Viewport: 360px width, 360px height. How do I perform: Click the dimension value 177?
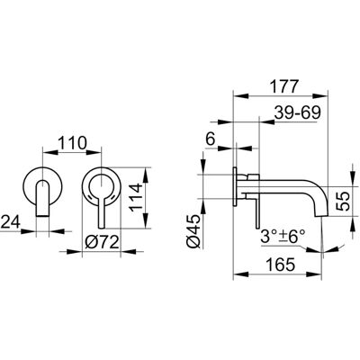[283, 86]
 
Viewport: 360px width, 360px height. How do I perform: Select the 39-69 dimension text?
[297, 112]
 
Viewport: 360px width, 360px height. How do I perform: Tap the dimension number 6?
[211, 139]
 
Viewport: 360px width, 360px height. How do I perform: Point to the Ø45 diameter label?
[194, 231]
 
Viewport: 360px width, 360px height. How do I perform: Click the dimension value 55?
[343, 201]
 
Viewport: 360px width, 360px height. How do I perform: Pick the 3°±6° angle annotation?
[283, 237]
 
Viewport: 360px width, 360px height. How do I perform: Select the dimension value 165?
[281, 265]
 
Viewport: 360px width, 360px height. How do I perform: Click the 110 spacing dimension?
[72, 143]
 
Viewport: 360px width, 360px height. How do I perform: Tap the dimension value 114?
[137, 197]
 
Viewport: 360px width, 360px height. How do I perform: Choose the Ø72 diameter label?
[102, 242]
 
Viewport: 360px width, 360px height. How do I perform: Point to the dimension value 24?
[10, 222]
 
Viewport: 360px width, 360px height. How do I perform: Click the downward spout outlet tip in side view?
[321, 215]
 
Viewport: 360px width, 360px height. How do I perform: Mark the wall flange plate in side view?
[236, 186]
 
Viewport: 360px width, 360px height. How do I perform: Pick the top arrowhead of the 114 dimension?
[146, 175]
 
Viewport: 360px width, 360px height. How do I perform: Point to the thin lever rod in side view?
[257, 212]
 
